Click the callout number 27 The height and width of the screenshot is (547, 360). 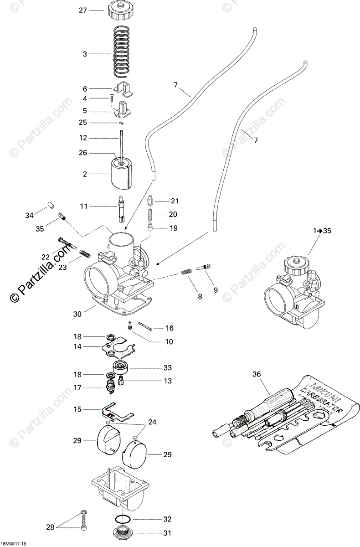coord(82,10)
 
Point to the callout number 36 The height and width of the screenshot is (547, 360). coord(257,375)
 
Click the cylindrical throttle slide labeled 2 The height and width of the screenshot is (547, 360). coord(120,175)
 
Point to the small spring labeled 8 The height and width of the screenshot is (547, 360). coord(185,272)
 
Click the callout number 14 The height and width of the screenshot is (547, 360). coord(77,346)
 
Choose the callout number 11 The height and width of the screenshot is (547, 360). coord(83,206)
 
